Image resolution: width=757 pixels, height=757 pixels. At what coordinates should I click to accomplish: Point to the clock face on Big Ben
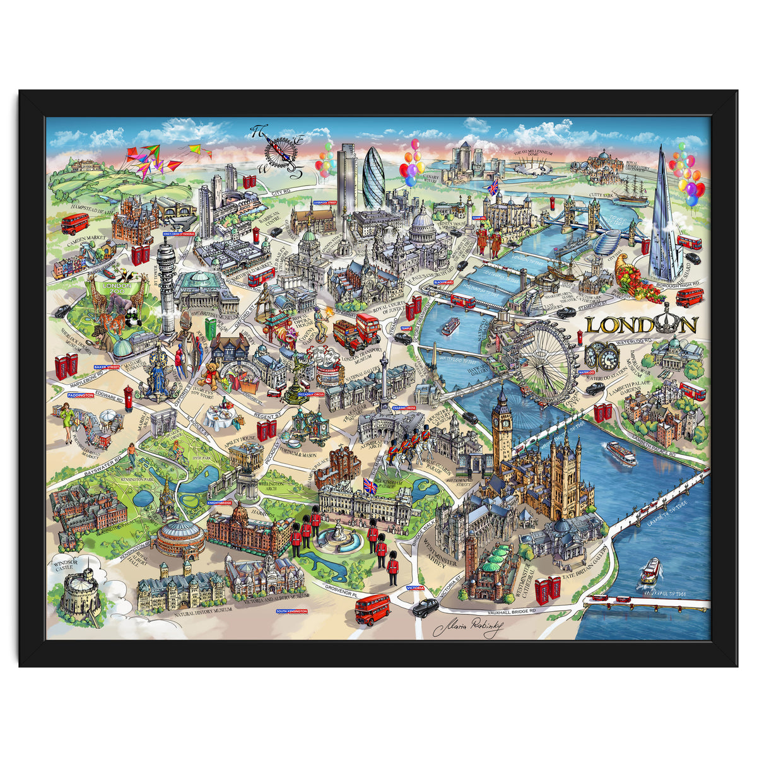[502, 419]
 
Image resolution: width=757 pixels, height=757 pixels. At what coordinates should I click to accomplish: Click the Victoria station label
[416, 589]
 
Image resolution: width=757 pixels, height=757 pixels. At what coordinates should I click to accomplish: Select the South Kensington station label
[292, 611]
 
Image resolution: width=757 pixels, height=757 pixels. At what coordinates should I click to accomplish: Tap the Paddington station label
[81, 395]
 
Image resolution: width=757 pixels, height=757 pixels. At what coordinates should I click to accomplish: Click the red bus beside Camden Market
[75, 223]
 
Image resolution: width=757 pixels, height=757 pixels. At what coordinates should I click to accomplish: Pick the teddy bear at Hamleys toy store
[208, 374]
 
